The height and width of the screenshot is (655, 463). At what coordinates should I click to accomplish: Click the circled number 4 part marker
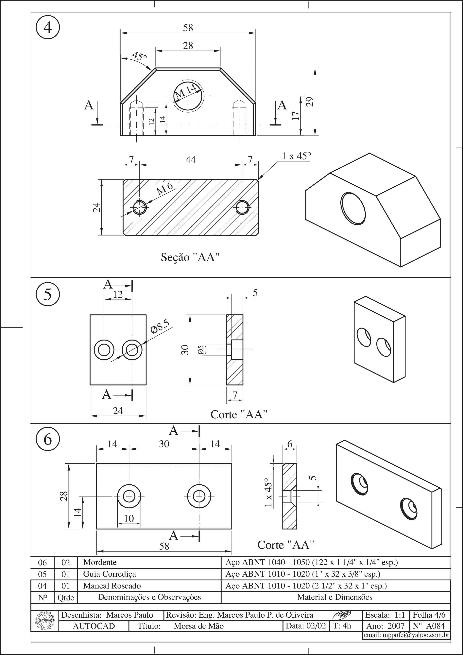[x=48, y=28]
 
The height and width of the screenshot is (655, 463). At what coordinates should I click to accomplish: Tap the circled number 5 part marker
[x=48, y=294]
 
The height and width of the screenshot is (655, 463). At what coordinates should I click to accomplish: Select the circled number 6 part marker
[x=48, y=439]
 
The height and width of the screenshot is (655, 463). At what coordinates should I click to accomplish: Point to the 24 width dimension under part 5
[x=118, y=411]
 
